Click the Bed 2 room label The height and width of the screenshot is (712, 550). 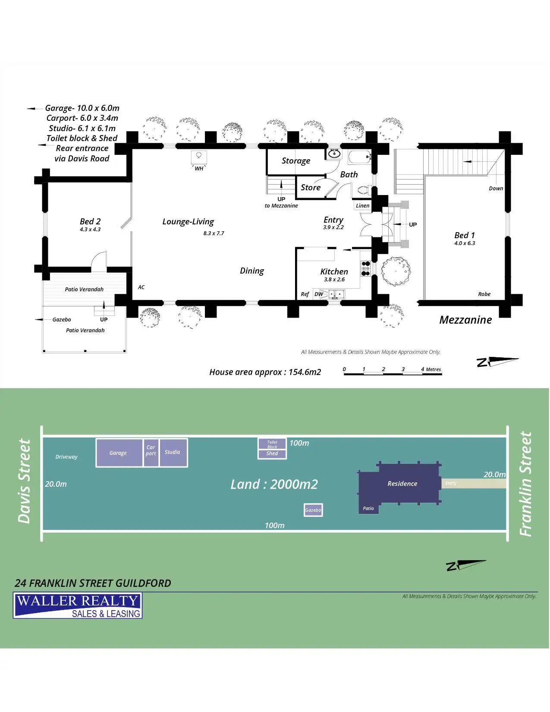[x=90, y=222]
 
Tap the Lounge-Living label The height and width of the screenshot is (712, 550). [x=188, y=222]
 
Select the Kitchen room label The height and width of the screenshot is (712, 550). [x=334, y=271]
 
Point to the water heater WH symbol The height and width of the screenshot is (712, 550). [x=199, y=156]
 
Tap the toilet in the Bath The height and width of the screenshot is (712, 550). [x=362, y=190]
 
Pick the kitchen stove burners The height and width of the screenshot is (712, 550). [x=365, y=268]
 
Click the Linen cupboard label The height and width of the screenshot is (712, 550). [x=362, y=206]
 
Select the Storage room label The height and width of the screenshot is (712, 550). [x=296, y=161]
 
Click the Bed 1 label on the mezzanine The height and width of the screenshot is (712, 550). [x=465, y=236]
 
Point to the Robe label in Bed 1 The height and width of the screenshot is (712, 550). [x=484, y=294]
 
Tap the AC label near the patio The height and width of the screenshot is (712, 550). [x=141, y=287]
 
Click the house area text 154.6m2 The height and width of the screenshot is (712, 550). [x=265, y=372]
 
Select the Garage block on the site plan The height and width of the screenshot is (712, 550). [x=119, y=453]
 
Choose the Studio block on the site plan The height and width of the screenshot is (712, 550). [x=173, y=452]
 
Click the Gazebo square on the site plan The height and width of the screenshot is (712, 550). [x=313, y=510]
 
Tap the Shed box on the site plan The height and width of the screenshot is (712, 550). [x=272, y=454]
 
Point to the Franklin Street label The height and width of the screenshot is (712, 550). [x=525, y=484]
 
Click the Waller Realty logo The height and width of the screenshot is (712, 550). [x=78, y=605]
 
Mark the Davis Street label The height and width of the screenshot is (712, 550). [x=25, y=481]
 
